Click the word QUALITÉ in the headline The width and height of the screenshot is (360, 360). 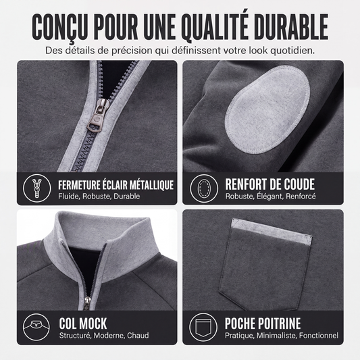pyautogui.click(x=215, y=27)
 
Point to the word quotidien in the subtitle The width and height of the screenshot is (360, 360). pyautogui.click(x=292, y=51)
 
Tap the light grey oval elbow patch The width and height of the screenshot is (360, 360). pyautogui.click(x=267, y=109)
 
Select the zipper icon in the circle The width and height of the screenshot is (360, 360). pyautogui.click(x=36, y=188)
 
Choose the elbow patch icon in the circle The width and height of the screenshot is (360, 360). pyautogui.click(x=204, y=188)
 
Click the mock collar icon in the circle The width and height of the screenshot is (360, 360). pyautogui.click(x=36, y=327)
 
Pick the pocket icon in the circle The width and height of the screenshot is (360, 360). pyautogui.click(x=203, y=327)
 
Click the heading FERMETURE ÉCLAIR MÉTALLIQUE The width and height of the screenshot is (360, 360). pyautogui.click(x=115, y=185)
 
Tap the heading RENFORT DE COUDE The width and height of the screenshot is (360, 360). pyautogui.click(x=269, y=184)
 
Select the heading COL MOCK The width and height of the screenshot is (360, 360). pyautogui.click(x=83, y=324)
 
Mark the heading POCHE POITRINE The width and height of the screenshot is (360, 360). pyautogui.click(x=263, y=324)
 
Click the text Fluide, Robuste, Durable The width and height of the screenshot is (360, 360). pyautogui.click(x=99, y=197)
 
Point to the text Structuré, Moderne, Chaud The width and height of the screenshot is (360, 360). pyautogui.click(x=104, y=336)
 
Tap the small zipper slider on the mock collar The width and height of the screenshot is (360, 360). pyautogui.click(x=87, y=303)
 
